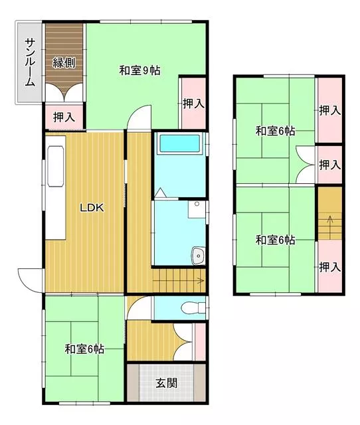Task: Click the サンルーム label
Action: (30, 62)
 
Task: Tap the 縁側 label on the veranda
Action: (64, 63)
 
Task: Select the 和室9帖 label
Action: (140, 70)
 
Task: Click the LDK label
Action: (92, 208)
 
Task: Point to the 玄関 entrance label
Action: (167, 383)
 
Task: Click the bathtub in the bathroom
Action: (180, 143)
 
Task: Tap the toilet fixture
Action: (193, 307)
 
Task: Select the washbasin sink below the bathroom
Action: (199, 255)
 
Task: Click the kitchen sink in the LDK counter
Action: (56, 166)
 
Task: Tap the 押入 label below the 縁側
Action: (64, 117)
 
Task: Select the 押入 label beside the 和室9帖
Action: (193, 104)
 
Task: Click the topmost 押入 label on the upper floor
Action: (330, 110)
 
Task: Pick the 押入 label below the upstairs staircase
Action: (330, 267)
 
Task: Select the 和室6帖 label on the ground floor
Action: (84, 349)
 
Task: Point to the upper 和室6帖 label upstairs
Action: (275, 131)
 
